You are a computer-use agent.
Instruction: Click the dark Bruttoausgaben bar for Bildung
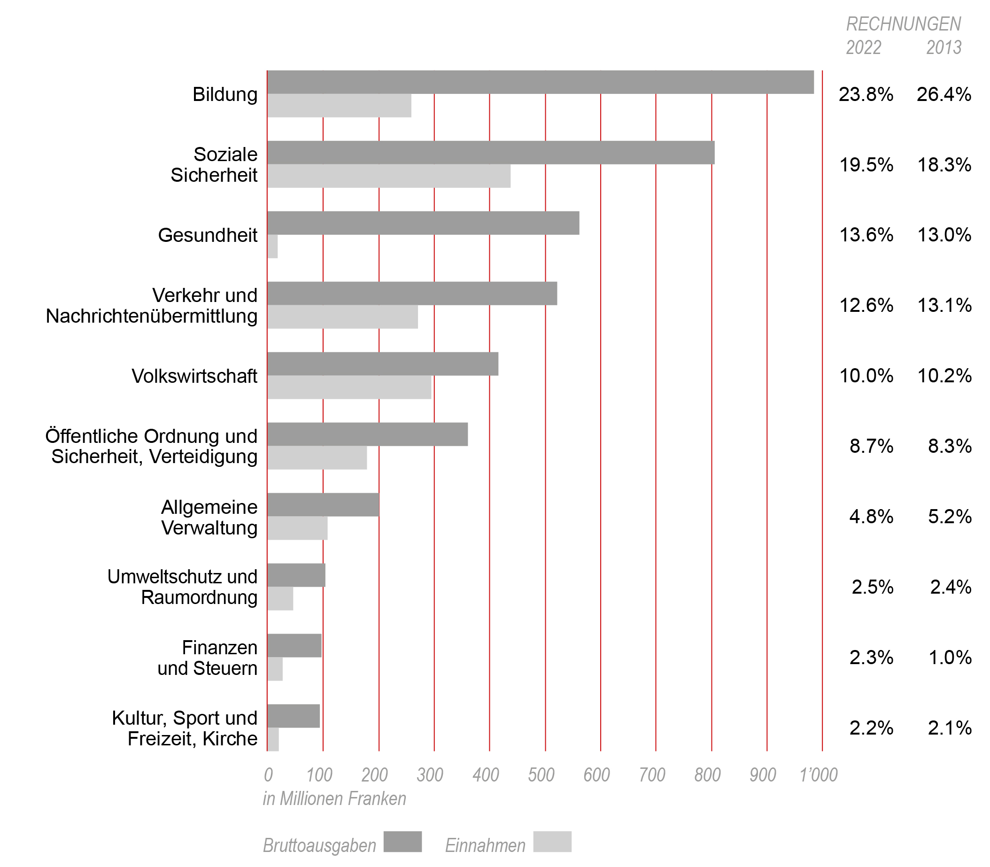pos(540,82)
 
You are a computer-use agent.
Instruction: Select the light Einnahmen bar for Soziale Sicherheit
pos(388,176)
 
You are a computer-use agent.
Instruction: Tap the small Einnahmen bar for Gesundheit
pos(272,246)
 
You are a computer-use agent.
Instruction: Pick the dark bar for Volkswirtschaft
pos(382,364)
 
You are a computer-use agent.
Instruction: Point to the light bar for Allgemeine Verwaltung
pos(297,528)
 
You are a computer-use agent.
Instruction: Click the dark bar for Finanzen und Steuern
pos(294,645)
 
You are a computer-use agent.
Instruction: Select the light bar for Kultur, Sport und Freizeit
pos(273,739)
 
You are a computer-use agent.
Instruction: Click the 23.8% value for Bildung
pos(866,94)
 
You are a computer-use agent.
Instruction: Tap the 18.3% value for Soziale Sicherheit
pos(944,165)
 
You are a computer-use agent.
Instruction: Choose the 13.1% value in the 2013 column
pos(944,305)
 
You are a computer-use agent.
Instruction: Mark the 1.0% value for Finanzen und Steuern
pos(949,658)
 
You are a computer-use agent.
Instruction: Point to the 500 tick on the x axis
pos(541,775)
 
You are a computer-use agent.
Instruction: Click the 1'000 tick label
pos(818,775)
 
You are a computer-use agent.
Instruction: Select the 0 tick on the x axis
pos(268,775)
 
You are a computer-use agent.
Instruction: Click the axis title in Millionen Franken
pos(334,799)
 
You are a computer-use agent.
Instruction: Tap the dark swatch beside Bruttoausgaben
pos(402,842)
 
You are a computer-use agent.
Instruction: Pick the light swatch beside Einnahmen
pos(552,842)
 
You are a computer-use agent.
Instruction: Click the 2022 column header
pos(863,47)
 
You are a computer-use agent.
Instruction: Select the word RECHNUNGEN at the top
pos(904,24)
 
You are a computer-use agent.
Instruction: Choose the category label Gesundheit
pos(208,235)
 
